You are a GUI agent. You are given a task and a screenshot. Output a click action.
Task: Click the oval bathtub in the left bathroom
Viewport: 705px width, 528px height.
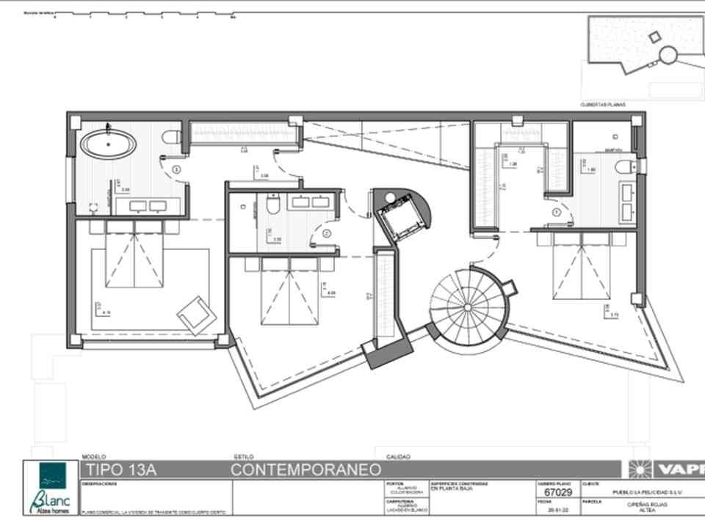tap(108, 143)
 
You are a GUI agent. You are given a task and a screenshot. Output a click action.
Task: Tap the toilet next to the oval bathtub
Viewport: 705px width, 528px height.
tap(172, 137)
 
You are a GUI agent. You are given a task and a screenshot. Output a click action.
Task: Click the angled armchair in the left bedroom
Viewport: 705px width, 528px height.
tap(196, 314)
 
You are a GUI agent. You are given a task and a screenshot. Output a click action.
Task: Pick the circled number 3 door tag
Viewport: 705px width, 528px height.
tap(176, 169)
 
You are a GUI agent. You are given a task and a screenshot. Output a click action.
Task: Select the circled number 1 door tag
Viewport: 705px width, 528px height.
tap(556, 213)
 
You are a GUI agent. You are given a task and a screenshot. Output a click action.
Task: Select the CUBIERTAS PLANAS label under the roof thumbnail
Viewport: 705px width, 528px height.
tap(602, 105)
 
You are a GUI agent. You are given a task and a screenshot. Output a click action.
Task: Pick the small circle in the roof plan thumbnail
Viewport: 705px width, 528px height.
tap(668, 54)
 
